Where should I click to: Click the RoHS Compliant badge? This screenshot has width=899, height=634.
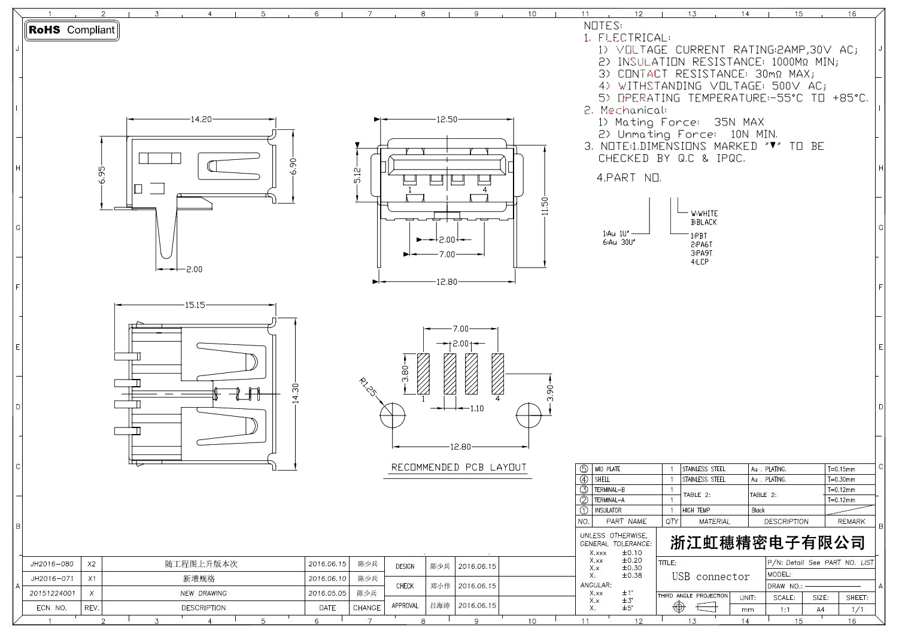(x=71, y=30)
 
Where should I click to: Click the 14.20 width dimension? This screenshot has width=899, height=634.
(x=201, y=119)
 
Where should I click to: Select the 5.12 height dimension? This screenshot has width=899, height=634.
(x=358, y=175)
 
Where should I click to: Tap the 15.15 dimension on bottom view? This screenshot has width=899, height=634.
(x=195, y=305)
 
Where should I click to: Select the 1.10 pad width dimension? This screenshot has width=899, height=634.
(x=476, y=408)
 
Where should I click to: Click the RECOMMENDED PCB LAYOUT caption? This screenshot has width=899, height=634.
(x=458, y=467)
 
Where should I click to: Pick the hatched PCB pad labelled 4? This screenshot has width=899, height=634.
(x=498, y=374)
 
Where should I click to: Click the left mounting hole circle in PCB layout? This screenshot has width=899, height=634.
(x=392, y=415)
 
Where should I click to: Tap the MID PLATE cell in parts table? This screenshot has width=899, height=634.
(x=607, y=469)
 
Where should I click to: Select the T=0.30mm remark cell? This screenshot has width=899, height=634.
(x=842, y=480)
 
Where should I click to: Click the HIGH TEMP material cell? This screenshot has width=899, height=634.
(x=695, y=511)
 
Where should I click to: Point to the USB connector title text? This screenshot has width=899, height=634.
(x=710, y=577)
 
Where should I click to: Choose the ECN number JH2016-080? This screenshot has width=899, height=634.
(x=52, y=564)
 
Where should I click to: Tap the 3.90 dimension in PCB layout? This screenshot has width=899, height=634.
(x=551, y=393)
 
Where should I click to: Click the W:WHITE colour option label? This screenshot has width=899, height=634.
(x=704, y=213)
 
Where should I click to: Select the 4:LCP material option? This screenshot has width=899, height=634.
(x=700, y=262)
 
